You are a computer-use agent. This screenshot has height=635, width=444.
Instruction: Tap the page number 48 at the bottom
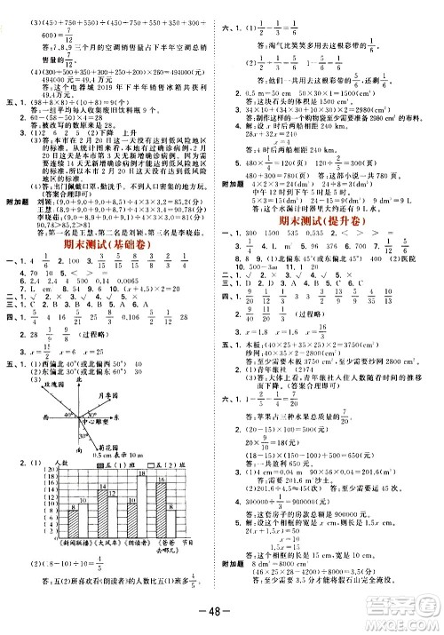[x=220, y=619]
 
